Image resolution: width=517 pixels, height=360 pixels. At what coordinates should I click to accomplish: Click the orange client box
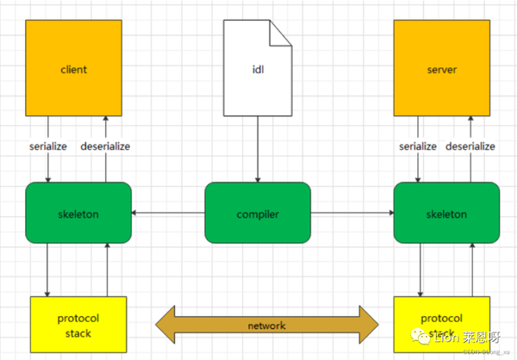coord(74,68)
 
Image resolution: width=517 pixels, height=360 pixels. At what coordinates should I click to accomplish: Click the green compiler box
coord(257,212)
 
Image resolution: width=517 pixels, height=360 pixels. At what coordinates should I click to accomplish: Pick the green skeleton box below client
coord(78,212)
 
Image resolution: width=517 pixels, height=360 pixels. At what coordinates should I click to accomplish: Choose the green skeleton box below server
coord(445,212)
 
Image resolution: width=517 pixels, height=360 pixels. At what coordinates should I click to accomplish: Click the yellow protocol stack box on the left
coord(78,326)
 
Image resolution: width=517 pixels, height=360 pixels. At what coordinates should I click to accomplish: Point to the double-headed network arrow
coord(267,325)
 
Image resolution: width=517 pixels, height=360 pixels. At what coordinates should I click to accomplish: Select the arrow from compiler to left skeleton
coord(168,212)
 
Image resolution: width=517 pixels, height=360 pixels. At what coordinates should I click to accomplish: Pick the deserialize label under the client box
coord(105,146)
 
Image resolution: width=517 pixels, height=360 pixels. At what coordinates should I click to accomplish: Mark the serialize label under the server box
coord(419,146)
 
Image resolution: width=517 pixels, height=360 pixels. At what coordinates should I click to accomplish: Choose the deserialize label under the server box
coord(471,146)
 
